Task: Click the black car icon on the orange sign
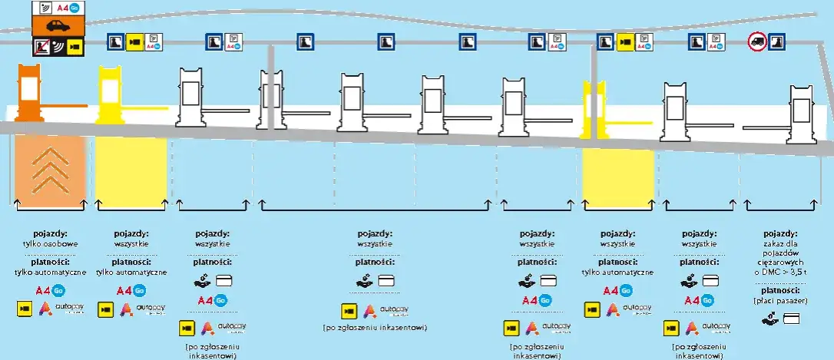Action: [x=58, y=26]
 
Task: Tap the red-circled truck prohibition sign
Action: [x=757, y=41]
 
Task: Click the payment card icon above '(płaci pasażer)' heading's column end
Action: [x=792, y=318]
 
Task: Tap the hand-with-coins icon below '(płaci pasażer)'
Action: [x=769, y=318]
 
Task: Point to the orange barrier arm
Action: [x=65, y=105]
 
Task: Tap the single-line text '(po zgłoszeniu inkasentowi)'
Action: [x=375, y=328]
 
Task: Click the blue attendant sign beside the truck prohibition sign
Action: [x=777, y=41]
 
